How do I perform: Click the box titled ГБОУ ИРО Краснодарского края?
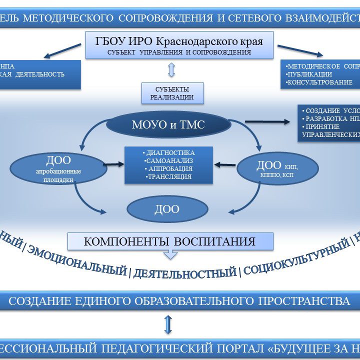click(x=179, y=44)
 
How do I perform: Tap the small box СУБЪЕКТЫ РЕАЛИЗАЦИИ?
click(x=172, y=93)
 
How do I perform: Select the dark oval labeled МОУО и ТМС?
click(x=168, y=125)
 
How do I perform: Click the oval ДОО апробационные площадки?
click(x=58, y=168)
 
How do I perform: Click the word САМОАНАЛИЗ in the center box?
click(x=169, y=161)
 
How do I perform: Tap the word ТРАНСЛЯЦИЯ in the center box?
click(x=169, y=176)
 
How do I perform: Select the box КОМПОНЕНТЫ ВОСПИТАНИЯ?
click(x=170, y=241)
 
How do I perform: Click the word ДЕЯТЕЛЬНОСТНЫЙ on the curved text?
click(x=185, y=273)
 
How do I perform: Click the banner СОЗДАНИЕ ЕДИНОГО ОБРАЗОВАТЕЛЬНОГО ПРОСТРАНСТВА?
click(x=179, y=301)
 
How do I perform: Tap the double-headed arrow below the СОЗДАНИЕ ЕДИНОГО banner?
click(x=168, y=324)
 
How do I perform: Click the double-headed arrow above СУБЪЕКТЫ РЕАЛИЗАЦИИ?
click(x=172, y=70)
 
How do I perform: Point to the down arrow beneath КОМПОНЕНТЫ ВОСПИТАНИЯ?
click(x=170, y=254)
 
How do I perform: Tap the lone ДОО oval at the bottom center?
click(x=167, y=209)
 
